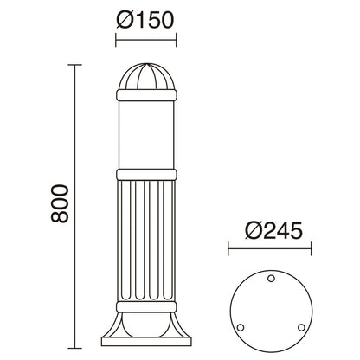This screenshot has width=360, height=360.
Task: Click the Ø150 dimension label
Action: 145,20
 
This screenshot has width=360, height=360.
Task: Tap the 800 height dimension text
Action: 60,203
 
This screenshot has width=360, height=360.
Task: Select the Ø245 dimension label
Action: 273,231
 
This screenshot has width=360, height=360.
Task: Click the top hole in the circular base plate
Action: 271,279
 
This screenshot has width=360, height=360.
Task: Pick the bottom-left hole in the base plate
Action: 241,328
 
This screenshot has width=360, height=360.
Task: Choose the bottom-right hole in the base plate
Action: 301,328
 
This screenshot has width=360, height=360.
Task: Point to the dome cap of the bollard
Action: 146,76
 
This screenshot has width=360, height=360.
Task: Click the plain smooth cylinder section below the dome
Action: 146,135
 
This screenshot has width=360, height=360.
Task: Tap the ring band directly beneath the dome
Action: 146,95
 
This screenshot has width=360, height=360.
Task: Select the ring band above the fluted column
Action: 146,175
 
